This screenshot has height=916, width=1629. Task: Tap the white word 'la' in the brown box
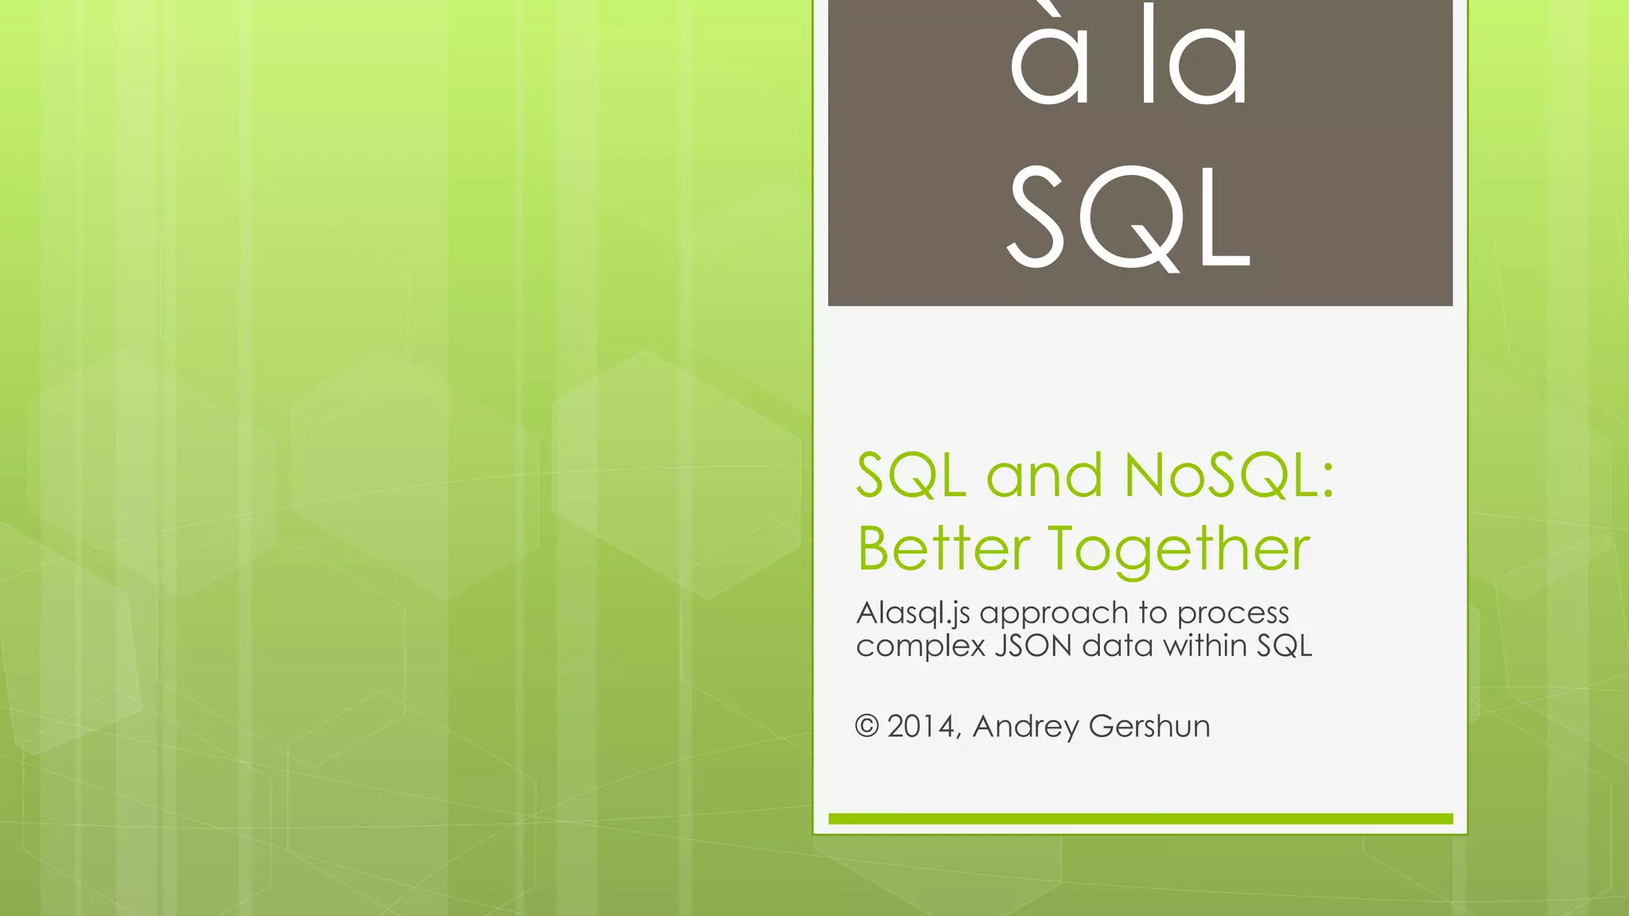click(1193, 60)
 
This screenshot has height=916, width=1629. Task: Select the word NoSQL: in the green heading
click(1229, 475)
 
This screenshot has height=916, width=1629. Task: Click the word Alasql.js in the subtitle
click(913, 613)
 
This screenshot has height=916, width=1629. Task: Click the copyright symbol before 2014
click(866, 726)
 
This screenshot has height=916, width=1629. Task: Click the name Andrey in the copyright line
click(1025, 727)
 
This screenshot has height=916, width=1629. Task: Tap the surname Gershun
click(1149, 726)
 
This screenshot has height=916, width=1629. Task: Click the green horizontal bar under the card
click(1140, 819)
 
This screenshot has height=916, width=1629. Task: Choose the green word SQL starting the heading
click(912, 475)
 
